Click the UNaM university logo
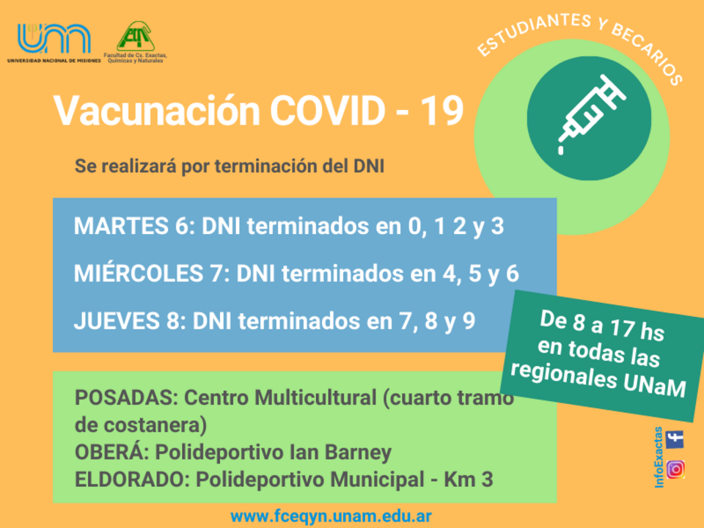pyautogui.click(x=54, y=43)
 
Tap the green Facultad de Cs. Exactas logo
pyautogui.click(x=136, y=42)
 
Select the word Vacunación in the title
pyautogui.click(x=157, y=111)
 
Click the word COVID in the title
pyautogui.click(x=327, y=111)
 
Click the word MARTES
pyautogui.click(x=121, y=226)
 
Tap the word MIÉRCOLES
pyautogui.click(x=139, y=274)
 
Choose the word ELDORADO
pyautogui.click(x=129, y=479)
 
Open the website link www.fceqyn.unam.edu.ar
pyautogui.click(x=331, y=516)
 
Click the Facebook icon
pyautogui.click(x=675, y=439)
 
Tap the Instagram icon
pyautogui.click(x=675, y=469)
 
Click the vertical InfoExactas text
pyautogui.click(x=659, y=457)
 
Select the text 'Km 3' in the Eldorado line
pyautogui.click(x=469, y=479)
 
